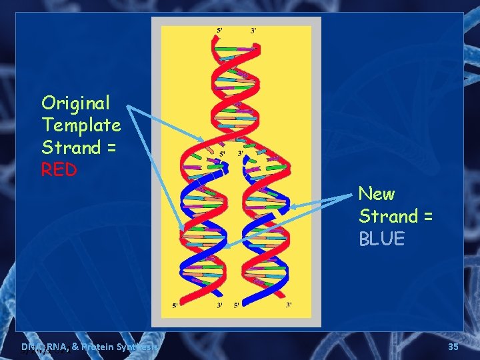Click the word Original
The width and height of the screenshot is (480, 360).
click(x=75, y=103)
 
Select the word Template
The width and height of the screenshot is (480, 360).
click(x=81, y=125)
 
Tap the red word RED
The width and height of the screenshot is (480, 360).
click(x=59, y=170)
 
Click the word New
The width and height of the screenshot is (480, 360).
click(x=377, y=194)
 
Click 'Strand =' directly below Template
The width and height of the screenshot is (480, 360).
click(x=79, y=147)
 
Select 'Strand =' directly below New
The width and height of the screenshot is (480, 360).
click(x=395, y=217)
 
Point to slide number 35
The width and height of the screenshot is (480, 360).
click(x=453, y=347)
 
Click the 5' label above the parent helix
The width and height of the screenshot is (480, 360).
click(x=220, y=30)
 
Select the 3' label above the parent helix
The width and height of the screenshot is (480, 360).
click(x=253, y=30)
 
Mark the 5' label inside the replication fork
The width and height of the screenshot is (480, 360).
click(x=223, y=154)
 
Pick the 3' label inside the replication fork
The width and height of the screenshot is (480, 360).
click(x=241, y=154)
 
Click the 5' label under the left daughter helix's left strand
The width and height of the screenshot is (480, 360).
click(x=175, y=306)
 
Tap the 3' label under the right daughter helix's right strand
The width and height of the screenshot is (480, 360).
click(x=289, y=305)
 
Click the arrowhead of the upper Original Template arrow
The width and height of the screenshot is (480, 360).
click(x=203, y=141)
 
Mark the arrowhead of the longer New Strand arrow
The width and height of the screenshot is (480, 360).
click(x=225, y=246)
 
